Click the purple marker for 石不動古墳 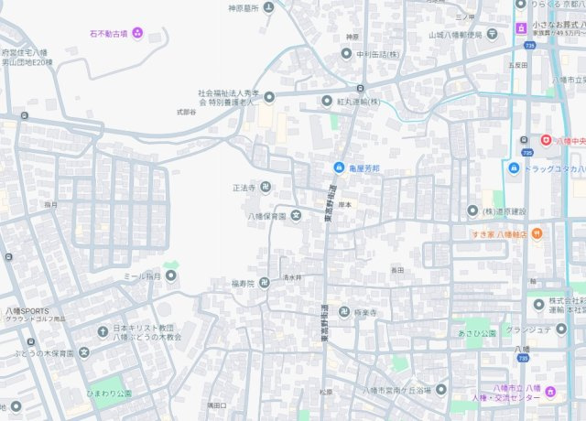[137, 34]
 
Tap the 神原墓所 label [244, 8]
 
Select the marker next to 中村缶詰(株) [347, 53]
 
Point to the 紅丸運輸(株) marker [327, 101]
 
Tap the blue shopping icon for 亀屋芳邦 [339, 168]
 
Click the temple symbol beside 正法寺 [265, 187]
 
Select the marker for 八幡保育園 [296, 216]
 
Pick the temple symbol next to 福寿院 [265, 283]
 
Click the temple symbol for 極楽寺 [344, 312]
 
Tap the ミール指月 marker [170, 275]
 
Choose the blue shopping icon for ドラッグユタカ [514, 168]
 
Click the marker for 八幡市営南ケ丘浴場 [441, 391]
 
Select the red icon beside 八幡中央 [547, 140]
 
